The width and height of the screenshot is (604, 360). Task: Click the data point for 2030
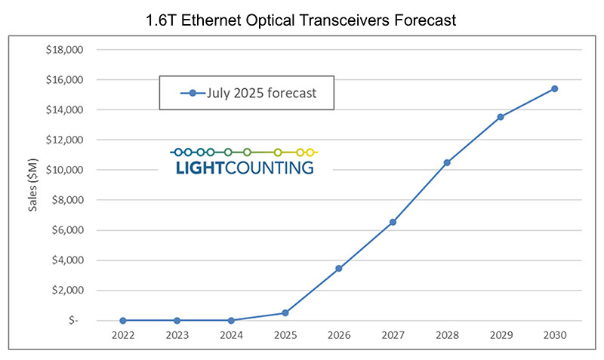point(554,88)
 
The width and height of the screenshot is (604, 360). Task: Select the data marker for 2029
point(501,117)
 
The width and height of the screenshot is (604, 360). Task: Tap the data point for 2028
point(447,162)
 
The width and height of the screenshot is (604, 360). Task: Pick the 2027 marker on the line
point(393,222)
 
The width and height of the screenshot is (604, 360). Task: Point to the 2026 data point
point(338,268)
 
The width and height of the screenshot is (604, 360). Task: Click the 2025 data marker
point(285,312)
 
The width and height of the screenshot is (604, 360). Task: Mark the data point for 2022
point(122,321)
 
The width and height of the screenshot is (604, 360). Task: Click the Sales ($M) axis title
point(33,186)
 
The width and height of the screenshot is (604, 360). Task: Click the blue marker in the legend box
point(193,94)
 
